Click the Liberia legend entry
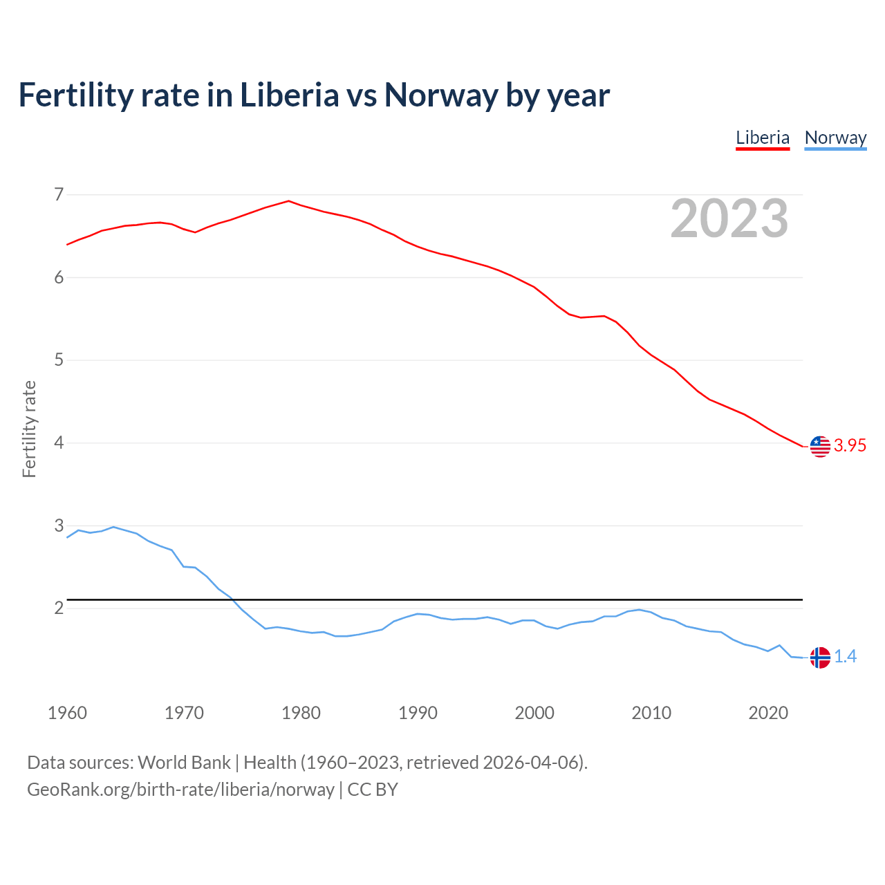coord(762,138)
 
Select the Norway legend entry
coord(835,138)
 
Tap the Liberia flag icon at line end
coord(819,447)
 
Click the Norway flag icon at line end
coord(819,657)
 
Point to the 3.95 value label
coord(850,446)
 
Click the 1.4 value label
coord(845,657)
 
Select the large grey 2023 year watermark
coord(729,218)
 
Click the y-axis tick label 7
coord(59,194)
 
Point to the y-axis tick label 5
coord(59,360)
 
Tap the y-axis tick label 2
coord(59,608)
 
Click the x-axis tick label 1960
coord(67,713)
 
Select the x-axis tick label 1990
coord(418,713)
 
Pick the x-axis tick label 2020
coord(768,713)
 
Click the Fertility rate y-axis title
coord(29,429)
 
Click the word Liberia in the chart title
coord(289,95)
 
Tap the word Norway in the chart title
coord(440,95)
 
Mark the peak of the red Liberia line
coord(288,201)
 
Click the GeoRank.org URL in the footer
coord(180,790)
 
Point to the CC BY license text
coord(373,790)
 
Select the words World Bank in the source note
coord(184,763)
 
